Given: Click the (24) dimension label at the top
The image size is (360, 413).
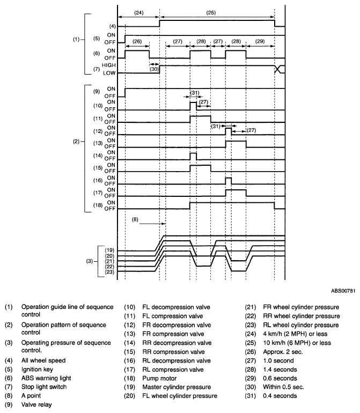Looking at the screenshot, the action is [139, 13].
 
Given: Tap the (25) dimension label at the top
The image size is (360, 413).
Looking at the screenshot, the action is [211, 13].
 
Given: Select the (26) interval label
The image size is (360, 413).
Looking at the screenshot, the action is [137, 41].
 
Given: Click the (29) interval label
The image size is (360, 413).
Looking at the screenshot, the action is [260, 41].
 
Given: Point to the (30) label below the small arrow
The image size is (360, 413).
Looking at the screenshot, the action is [154, 69].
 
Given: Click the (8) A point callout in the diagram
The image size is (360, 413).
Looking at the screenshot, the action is [135, 219].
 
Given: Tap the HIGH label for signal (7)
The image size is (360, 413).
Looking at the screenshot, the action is [109, 65].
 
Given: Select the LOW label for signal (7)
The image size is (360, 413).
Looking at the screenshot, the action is [109, 73].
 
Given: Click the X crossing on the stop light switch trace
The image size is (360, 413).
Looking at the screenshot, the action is [277, 69].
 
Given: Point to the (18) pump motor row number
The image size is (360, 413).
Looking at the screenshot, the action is [98, 205].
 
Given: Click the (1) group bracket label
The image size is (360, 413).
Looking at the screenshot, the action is [76, 40].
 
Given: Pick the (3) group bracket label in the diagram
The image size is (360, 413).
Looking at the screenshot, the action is [90, 261].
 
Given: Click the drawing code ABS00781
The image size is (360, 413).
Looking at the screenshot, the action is [343, 291].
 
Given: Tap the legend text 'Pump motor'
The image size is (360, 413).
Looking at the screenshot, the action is [159, 378].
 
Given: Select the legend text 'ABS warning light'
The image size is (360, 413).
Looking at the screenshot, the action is [46, 378].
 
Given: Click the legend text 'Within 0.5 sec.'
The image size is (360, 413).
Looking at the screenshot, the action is [283, 387].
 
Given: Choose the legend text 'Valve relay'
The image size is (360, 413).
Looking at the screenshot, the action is [36, 404].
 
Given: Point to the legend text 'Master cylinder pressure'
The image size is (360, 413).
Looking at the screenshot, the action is [177, 387].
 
